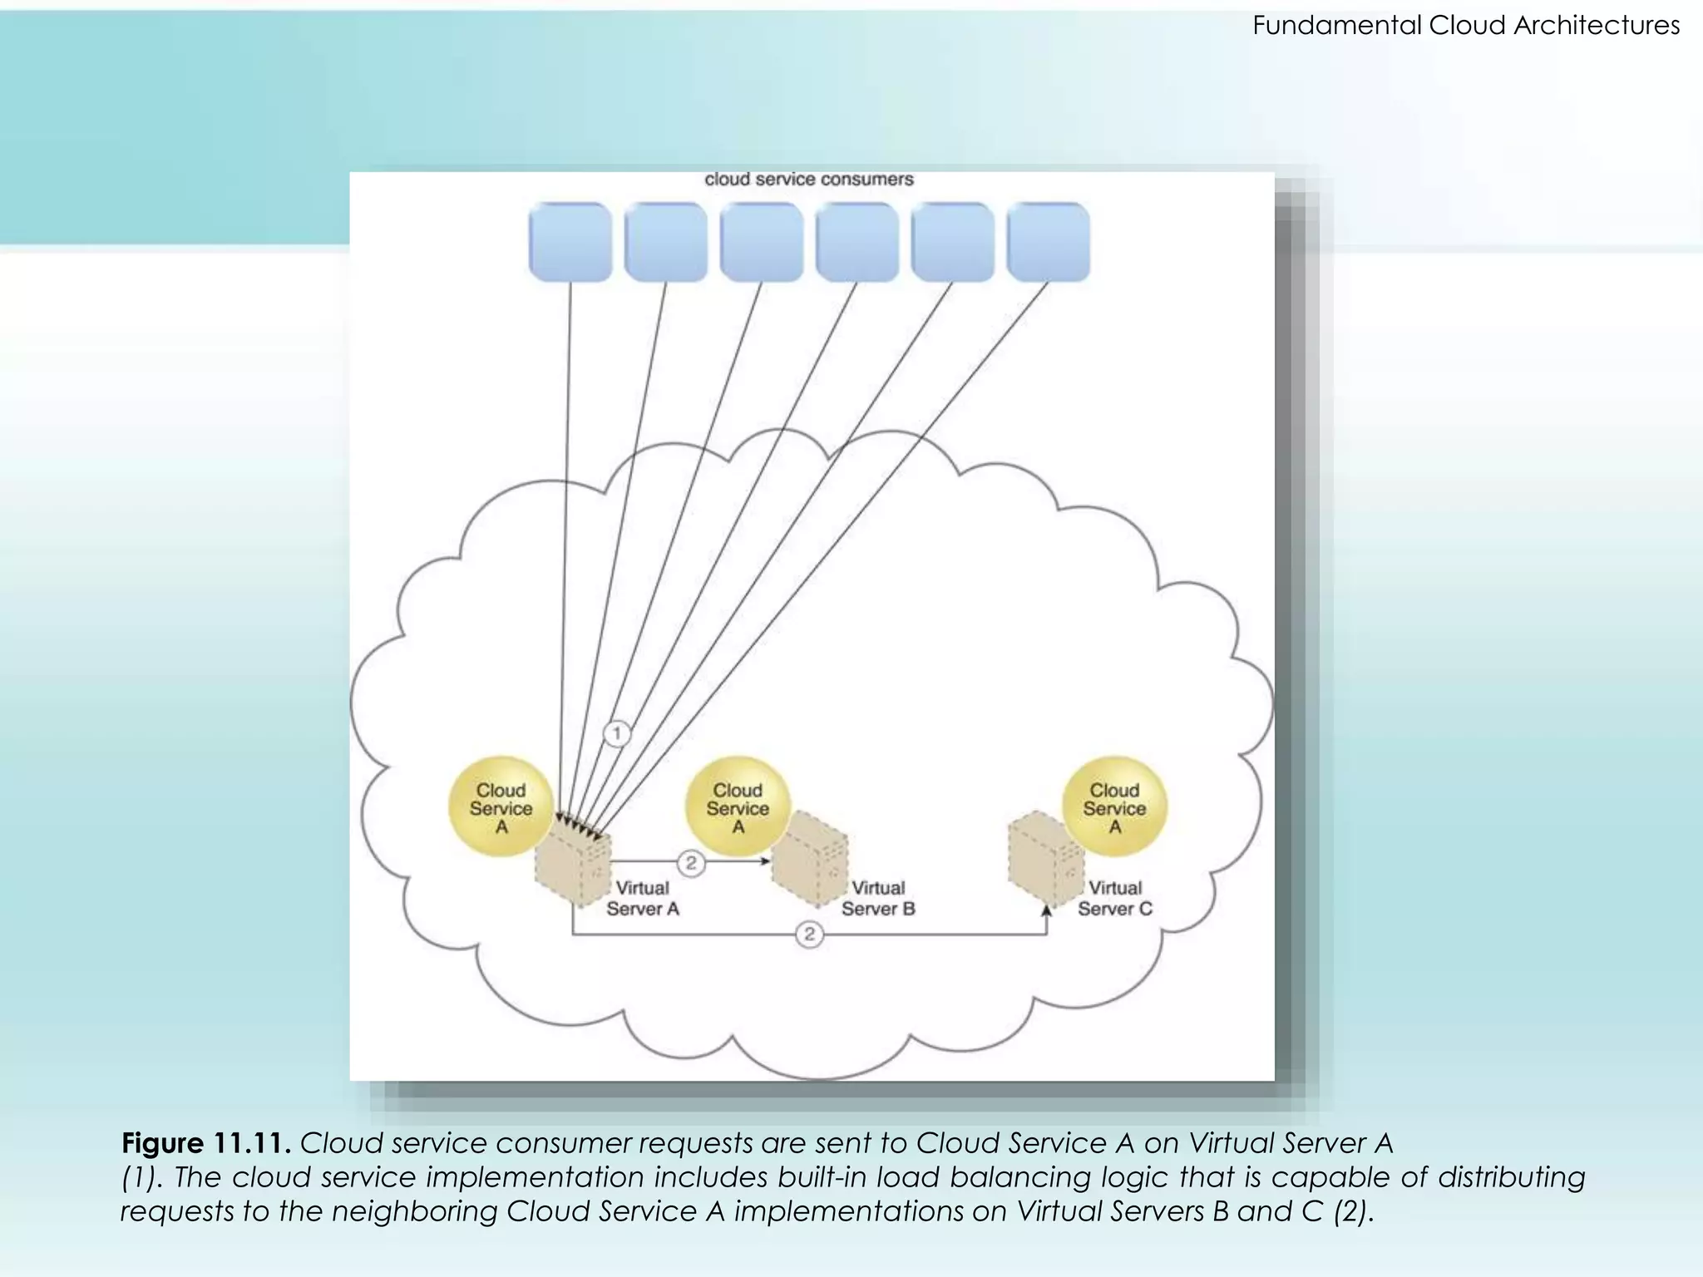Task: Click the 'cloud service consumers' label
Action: pos(808,180)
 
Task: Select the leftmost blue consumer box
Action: pos(570,242)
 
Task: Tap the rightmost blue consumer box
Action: pos(1048,242)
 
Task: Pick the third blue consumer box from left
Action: pos(762,242)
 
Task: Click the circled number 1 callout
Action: pos(616,733)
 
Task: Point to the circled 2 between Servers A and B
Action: pos(691,863)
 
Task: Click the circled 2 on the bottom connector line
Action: pos(809,934)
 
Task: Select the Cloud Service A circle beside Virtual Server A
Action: pos(501,807)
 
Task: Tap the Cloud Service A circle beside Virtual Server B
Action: pos(737,807)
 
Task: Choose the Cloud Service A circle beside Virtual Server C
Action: pos(1114,807)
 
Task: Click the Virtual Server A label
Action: pos(643,899)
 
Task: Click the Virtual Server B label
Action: pos(878,899)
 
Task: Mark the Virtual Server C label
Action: pos(1115,899)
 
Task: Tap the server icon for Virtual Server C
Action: pos(1044,860)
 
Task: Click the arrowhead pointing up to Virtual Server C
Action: pos(1047,911)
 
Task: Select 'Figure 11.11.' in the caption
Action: pos(205,1143)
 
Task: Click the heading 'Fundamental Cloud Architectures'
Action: pos(1466,26)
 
